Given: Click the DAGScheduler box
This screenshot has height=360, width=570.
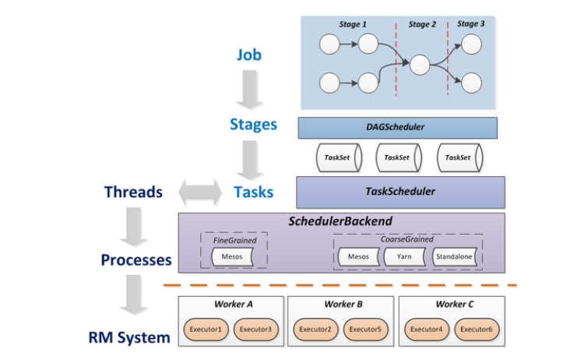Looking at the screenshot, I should click(397, 127).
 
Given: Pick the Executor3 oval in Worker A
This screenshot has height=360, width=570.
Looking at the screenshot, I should click(253, 330).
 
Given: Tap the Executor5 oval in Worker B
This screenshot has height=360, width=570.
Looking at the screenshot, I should click(364, 330).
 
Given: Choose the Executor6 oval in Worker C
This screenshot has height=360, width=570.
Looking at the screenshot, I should click(474, 330).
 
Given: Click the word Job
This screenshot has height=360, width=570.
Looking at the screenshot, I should click(249, 55).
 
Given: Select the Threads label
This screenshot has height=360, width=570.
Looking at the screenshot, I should click(133, 192).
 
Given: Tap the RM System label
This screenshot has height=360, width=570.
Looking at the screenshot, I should click(134, 337).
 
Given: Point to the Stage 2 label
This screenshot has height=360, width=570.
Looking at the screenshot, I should click(421, 25).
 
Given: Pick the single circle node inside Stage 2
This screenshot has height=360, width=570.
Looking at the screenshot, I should click(420, 64).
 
